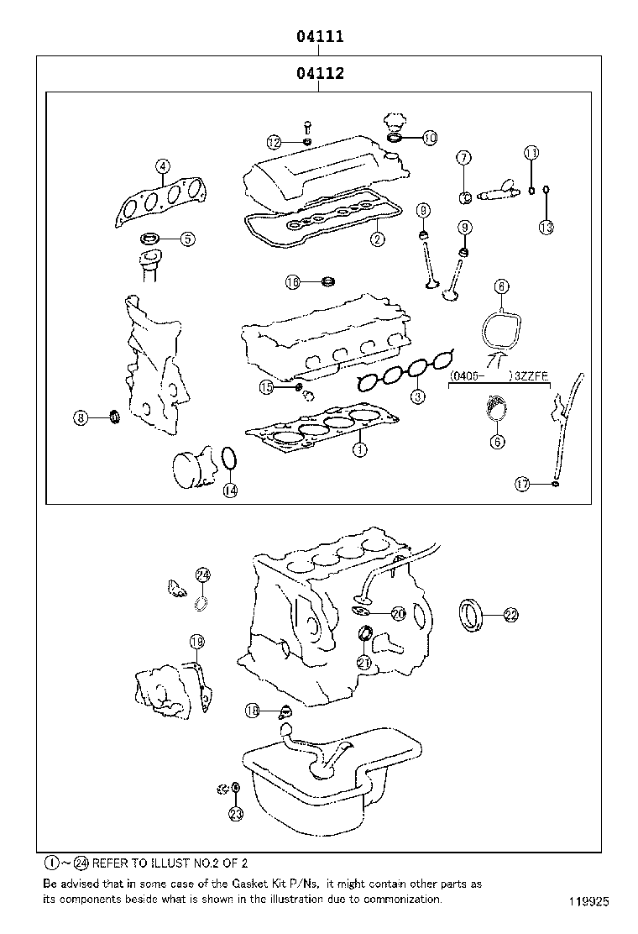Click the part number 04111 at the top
tap(319, 37)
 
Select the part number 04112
tap(319, 74)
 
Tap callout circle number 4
tap(162, 167)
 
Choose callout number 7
tap(464, 158)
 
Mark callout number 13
tap(546, 227)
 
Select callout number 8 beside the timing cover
tap(81, 417)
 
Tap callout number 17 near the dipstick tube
tap(522, 483)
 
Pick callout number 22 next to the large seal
tap(510, 616)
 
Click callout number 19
tap(196, 643)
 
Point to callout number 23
tap(236, 813)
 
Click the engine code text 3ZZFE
tap(531, 377)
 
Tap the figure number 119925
tap(588, 903)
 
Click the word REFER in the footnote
tap(112, 863)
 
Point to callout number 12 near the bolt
tap(275, 142)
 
